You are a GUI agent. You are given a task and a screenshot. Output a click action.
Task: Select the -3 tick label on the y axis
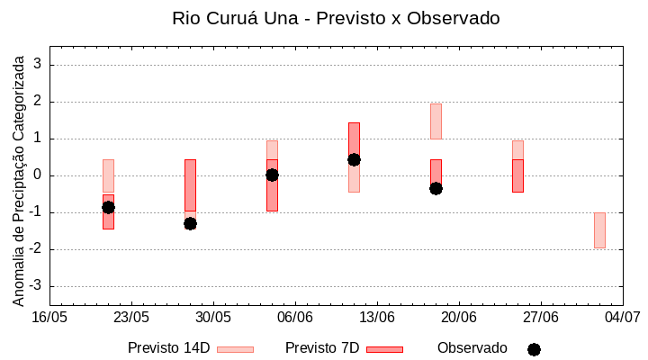click(x=37, y=286)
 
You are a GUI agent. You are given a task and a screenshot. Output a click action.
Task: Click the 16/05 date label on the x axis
click(x=49, y=317)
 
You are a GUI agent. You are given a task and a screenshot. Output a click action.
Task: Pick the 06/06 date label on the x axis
click(x=295, y=317)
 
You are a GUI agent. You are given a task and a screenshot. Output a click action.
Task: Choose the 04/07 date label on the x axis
click(x=622, y=317)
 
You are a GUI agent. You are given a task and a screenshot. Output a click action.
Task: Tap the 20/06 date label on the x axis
click(x=459, y=317)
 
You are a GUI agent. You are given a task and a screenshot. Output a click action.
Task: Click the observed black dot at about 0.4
click(x=354, y=159)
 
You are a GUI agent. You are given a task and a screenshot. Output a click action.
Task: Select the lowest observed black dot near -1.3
click(x=190, y=223)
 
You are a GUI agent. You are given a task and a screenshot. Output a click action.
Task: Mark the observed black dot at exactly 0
click(x=272, y=175)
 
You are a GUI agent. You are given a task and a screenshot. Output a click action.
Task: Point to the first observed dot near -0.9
click(x=108, y=207)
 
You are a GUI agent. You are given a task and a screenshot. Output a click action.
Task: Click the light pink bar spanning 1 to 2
click(x=436, y=121)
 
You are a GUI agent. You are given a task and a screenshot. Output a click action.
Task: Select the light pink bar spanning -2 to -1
click(x=599, y=230)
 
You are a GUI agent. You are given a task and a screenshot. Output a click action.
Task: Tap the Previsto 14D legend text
click(x=168, y=348)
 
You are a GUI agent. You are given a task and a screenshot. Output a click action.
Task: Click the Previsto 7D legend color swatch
click(x=384, y=349)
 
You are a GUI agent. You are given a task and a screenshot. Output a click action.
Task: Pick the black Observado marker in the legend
click(x=534, y=349)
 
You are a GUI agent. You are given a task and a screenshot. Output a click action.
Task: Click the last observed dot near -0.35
click(x=436, y=188)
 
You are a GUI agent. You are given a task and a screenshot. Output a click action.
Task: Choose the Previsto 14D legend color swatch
click(x=235, y=349)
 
